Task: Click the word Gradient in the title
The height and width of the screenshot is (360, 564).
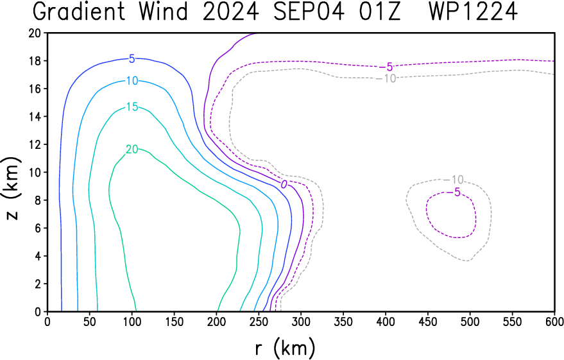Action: (79, 12)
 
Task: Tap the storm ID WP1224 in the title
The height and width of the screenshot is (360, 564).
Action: (474, 12)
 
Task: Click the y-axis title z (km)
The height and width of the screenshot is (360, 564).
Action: (12, 188)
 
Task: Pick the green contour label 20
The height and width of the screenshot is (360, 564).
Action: (132, 150)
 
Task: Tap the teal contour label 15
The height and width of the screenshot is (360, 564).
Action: (132, 107)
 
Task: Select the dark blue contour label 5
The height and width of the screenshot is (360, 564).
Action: (132, 58)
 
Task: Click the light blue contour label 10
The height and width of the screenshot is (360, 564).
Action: (132, 81)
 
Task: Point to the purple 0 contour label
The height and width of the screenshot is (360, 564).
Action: (284, 185)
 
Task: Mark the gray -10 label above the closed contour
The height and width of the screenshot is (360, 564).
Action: (454, 180)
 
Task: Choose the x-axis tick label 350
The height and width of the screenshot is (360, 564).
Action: (343, 321)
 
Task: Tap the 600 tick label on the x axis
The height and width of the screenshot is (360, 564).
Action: (554, 321)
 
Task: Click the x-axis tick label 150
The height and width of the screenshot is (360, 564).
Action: (174, 321)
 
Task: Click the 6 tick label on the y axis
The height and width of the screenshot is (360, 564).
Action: (38, 228)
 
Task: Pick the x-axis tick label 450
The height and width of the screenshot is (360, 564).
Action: (428, 321)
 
